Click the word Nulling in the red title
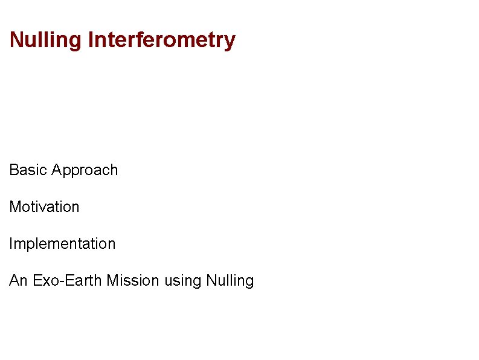coord(46,40)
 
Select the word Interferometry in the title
coord(161,41)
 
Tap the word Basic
coord(28,170)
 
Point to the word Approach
coord(85,171)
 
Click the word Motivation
coord(44,207)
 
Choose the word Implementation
coord(62,244)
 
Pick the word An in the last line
coord(18,280)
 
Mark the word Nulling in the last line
coord(230,281)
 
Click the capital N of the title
coord(16,40)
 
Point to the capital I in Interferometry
coord(91,40)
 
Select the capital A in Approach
coord(57,170)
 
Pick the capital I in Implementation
coord(11,243)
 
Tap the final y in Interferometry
coord(230,43)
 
